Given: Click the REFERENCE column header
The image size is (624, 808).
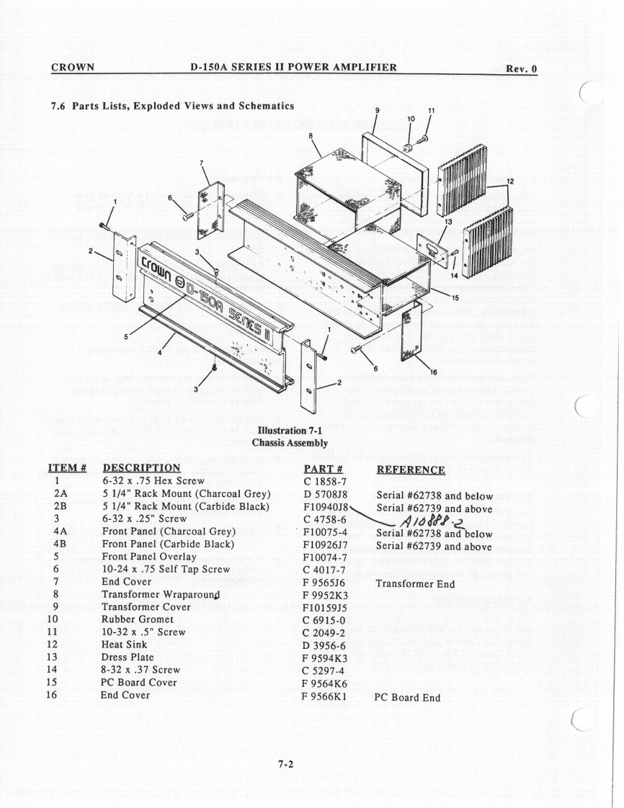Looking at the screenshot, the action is pos(411,470).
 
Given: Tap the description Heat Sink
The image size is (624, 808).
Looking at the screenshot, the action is pos(124,645).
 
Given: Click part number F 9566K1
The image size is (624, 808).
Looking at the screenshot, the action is pos(326,696).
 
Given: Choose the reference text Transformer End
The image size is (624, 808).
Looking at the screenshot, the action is pos(416,584).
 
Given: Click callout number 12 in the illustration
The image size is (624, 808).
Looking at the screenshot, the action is pos(510,181).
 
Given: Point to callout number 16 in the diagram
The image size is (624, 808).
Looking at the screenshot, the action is pos(433,373).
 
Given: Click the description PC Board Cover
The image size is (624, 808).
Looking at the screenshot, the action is pos(140,682).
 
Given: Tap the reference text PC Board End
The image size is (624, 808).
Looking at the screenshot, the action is pos(408,697).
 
